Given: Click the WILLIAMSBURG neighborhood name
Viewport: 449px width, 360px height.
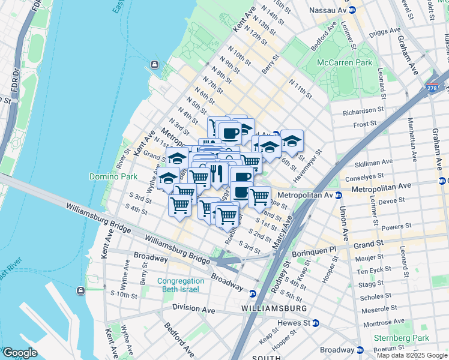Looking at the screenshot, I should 274,308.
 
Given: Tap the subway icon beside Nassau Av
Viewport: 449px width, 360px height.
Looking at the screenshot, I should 352,10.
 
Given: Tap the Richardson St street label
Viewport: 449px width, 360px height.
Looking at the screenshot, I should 363,111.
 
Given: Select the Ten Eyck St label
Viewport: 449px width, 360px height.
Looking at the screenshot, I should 374,271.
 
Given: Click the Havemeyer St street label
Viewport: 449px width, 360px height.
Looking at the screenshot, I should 307,160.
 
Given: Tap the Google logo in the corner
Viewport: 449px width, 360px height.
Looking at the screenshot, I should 20,353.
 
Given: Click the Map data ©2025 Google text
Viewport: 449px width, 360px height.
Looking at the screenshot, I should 412,355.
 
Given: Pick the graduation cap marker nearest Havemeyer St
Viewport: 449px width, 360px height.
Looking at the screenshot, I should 292,141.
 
